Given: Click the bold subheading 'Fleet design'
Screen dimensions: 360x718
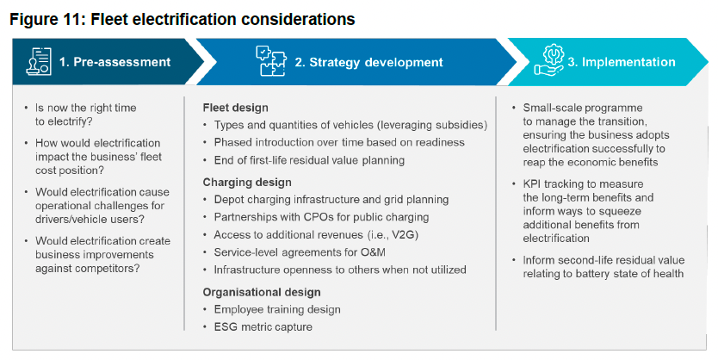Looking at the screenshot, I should click(235, 108).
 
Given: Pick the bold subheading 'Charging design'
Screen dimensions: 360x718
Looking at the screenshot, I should click(246, 182).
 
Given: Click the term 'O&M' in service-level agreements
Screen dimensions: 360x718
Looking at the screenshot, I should click(366, 251).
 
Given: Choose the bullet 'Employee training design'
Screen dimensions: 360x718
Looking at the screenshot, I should click(277, 309).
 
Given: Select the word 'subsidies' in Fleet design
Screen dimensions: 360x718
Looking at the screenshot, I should click(461, 125).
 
